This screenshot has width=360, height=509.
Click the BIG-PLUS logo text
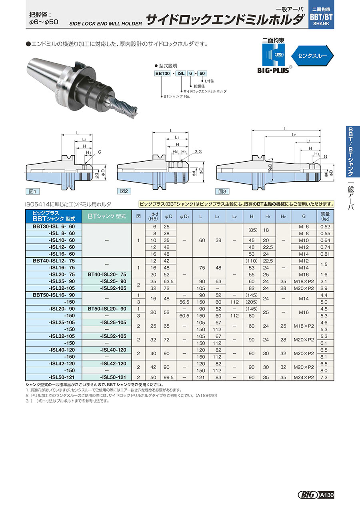tap(274, 70)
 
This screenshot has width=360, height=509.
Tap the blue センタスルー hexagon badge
tap(312, 56)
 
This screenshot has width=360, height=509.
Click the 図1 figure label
tap(32, 191)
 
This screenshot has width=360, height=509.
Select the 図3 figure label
tap(222, 191)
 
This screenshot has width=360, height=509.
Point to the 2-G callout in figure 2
tap(198, 152)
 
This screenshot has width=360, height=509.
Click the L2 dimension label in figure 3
tap(294, 135)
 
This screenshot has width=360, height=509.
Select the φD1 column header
tap(184, 216)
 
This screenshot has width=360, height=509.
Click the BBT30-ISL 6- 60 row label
tap(54, 226)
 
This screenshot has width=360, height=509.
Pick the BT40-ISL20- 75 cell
tap(107, 274)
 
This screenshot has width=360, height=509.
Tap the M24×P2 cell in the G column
tap(304, 377)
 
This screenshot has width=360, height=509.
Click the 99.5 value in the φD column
tap(168, 377)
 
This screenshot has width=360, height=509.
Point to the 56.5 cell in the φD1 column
tap(184, 302)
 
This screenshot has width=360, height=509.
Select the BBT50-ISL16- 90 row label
tap(54, 295)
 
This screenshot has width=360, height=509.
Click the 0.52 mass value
tap(325, 226)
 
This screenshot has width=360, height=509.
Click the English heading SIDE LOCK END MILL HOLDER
tap(105, 24)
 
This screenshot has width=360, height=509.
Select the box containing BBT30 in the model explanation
tap(163, 73)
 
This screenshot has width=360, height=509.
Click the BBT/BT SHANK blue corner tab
tap(321, 14)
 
